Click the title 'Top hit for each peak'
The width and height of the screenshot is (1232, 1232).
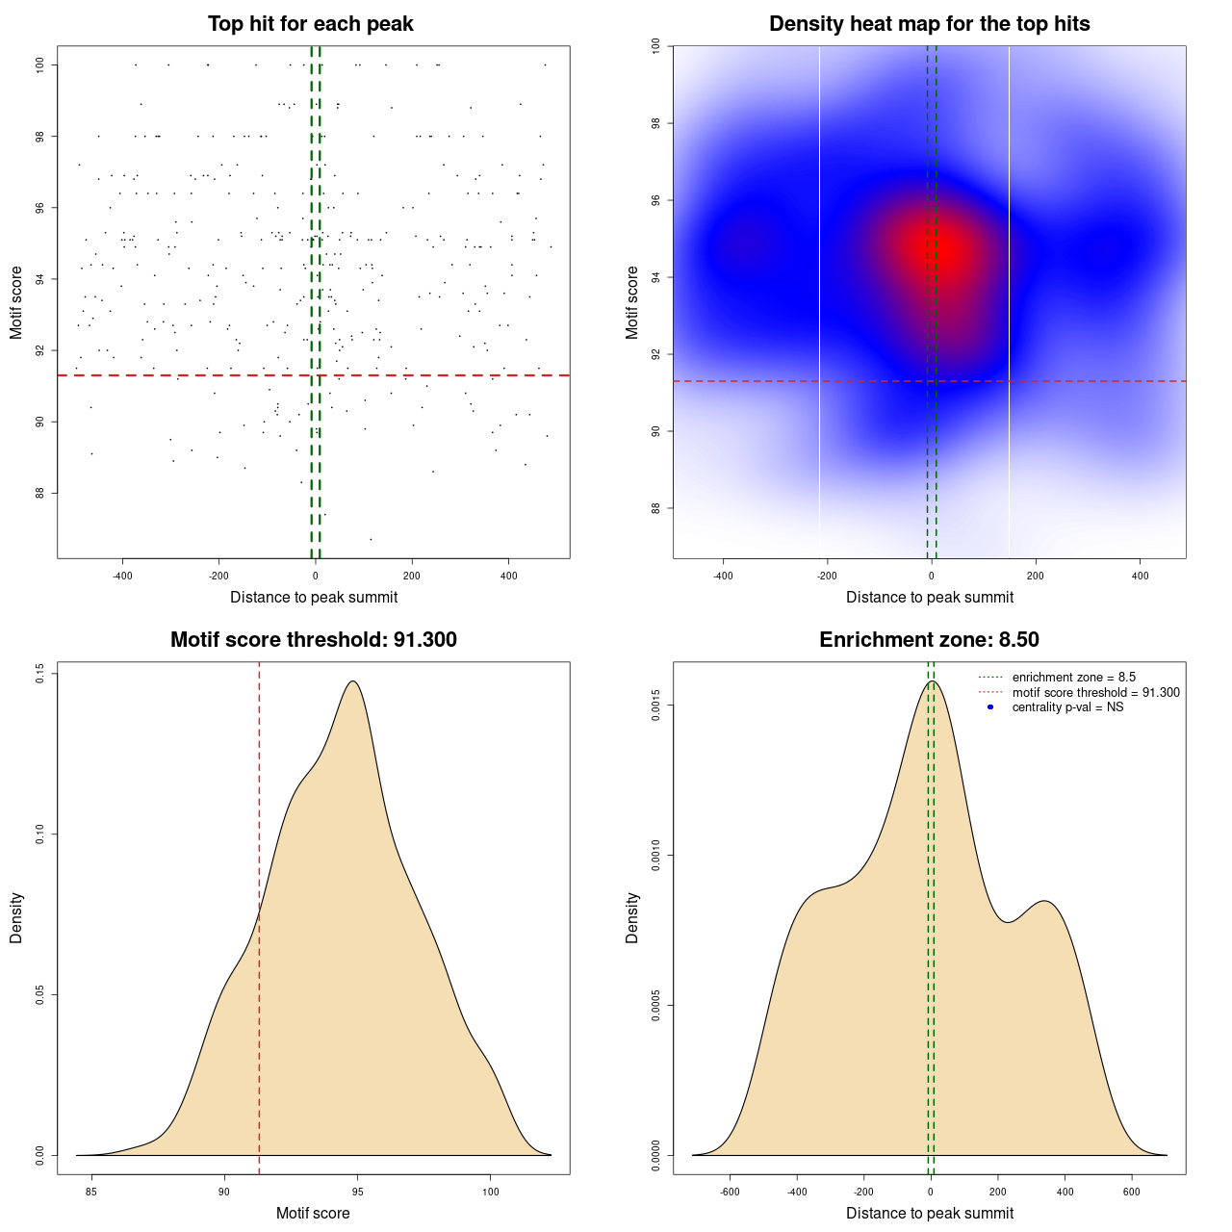(x=310, y=24)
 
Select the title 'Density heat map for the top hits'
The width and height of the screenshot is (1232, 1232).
(x=929, y=24)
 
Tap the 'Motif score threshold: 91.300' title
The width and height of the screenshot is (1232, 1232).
(x=313, y=640)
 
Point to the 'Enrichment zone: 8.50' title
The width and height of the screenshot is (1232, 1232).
(x=929, y=640)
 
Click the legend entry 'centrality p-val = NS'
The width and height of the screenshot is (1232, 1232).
(x=1067, y=707)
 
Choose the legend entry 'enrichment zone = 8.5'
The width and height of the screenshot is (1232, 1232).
(x=1073, y=678)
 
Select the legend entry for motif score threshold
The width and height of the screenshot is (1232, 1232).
(x=1095, y=692)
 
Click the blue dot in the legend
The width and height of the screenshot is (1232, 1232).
(x=989, y=707)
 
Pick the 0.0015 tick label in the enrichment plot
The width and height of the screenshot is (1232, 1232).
(x=656, y=706)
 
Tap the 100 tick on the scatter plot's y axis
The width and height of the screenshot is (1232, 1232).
(x=40, y=64)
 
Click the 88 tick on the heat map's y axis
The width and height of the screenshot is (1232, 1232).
(x=656, y=508)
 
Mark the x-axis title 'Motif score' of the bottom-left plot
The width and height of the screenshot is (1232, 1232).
(x=313, y=1213)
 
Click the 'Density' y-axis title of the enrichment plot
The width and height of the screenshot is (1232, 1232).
(x=632, y=917)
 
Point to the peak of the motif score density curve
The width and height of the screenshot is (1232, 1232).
(x=354, y=681)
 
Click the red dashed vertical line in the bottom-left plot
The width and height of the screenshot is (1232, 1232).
(x=259, y=914)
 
